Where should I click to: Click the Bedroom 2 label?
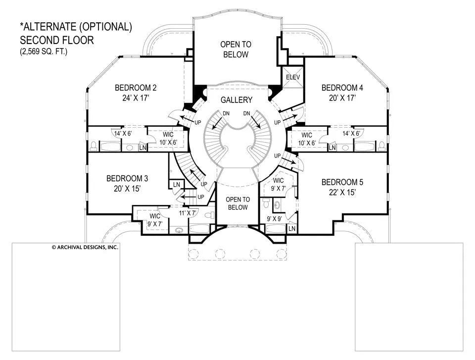click(136, 88)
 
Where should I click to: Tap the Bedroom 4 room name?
click(342, 88)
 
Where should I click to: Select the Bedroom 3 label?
click(127, 178)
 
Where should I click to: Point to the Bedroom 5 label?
click(342, 182)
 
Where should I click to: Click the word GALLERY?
click(237, 100)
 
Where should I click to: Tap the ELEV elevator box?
click(293, 77)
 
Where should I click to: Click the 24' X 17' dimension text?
click(136, 98)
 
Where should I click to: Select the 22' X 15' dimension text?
click(342, 192)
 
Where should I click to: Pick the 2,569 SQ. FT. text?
click(44, 51)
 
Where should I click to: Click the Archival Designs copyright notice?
click(85, 247)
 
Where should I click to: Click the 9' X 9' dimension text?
click(275, 219)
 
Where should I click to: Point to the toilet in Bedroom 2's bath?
click(94, 146)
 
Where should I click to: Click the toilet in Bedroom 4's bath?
click(381, 146)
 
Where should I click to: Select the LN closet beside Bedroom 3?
click(176, 184)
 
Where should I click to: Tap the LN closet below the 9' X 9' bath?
click(292, 229)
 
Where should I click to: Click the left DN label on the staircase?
click(226, 114)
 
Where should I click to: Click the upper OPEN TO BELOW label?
click(236, 50)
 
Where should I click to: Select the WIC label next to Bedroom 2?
click(168, 135)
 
